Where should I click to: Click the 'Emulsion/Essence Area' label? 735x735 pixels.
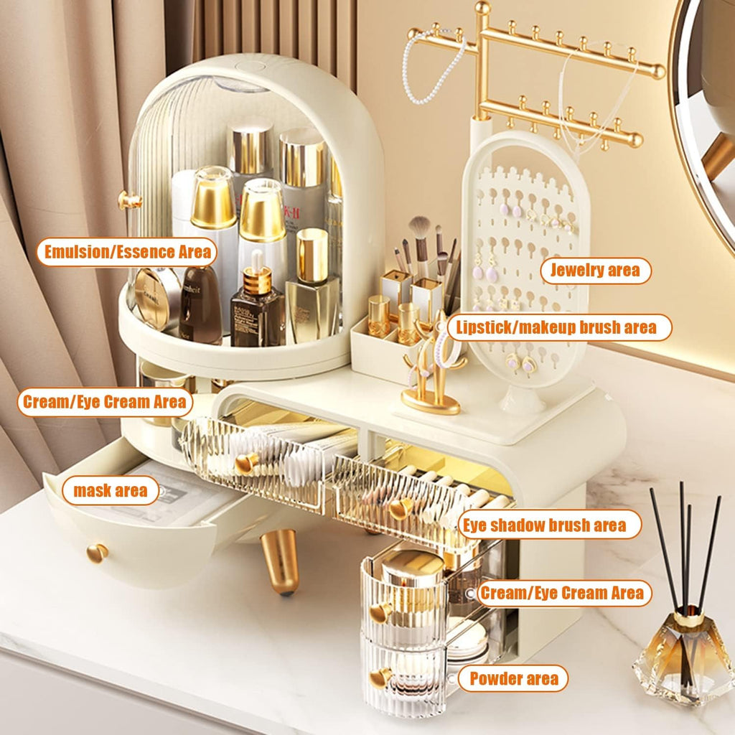point(127,252)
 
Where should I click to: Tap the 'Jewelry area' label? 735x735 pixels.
point(595,271)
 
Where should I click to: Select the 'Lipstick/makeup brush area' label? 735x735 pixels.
point(559,327)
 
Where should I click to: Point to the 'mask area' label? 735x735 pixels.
point(111,491)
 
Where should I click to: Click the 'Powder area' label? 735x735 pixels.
point(512,678)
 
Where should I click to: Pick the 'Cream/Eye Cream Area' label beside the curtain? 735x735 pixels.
point(105,402)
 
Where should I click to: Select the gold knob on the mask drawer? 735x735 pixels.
point(97,552)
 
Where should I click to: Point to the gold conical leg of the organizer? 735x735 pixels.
point(281,561)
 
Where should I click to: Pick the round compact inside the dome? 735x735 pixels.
point(156,299)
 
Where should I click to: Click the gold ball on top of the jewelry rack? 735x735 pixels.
point(483,9)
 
